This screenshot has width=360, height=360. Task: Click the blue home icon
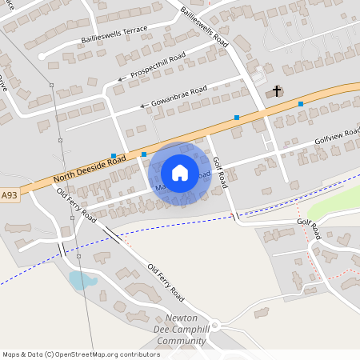point(180,173)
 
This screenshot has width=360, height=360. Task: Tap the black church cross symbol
point(277,91)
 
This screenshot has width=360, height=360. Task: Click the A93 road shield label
point(10,194)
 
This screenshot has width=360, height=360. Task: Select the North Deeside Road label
point(90,169)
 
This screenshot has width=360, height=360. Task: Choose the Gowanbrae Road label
point(179,95)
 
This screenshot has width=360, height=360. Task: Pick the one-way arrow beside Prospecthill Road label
point(122,78)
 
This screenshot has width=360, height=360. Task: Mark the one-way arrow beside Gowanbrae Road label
point(144,105)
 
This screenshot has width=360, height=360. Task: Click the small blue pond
point(81,280)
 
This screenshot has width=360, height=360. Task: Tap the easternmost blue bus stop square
point(301,104)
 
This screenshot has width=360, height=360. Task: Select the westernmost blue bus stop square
point(114,155)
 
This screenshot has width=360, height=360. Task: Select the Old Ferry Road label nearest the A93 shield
point(75,206)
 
